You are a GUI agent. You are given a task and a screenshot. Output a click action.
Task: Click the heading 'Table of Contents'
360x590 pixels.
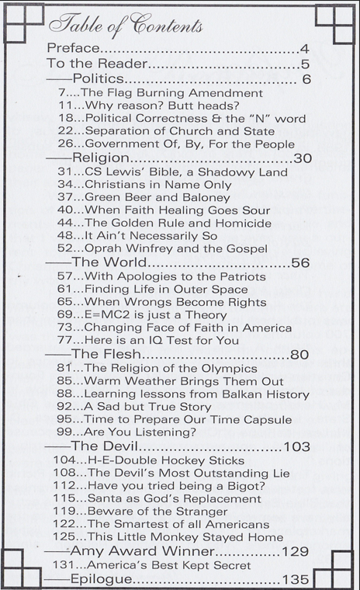pyautogui.click(x=126, y=25)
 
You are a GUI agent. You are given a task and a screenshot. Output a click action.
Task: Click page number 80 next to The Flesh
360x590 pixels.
pyautogui.click(x=299, y=356)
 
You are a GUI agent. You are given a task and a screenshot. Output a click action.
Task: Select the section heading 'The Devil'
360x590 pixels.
pyautogui.click(x=105, y=446)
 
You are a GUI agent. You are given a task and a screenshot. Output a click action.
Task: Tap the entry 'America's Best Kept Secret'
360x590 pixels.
pyautogui.click(x=158, y=565)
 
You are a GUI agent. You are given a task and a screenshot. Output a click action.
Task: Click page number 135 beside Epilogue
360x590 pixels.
pyautogui.click(x=296, y=579)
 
